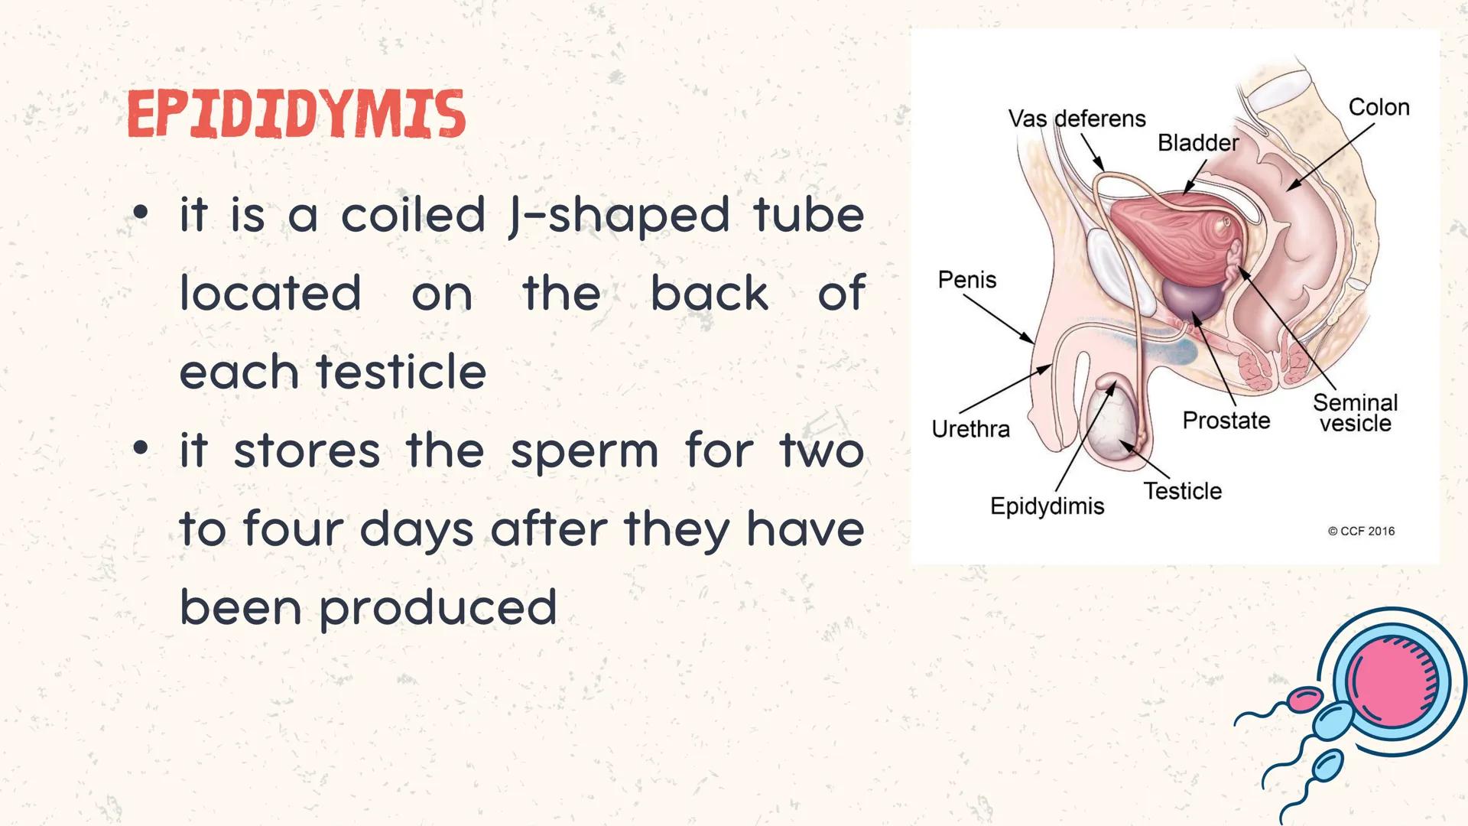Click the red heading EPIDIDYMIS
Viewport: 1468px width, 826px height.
(x=296, y=115)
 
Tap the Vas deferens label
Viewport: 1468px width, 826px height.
(x=1077, y=119)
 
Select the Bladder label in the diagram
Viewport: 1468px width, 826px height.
(x=1197, y=143)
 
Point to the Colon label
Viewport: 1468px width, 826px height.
(x=1379, y=107)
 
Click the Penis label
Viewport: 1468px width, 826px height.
(x=967, y=280)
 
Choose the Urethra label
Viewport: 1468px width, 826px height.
(x=970, y=429)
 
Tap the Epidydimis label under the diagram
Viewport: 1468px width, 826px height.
(x=1047, y=506)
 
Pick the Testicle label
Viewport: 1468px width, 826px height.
(x=1182, y=491)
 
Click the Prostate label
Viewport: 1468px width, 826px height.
(x=1226, y=421)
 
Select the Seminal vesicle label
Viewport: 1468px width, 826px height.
(x=1355, y=413)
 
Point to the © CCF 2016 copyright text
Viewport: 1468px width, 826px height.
(x=1361, y=532)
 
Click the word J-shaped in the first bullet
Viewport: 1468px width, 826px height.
(x=619, y=216)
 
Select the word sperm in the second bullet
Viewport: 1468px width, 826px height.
(x=583, y=451)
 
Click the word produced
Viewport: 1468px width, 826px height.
(x=437, y=608)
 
